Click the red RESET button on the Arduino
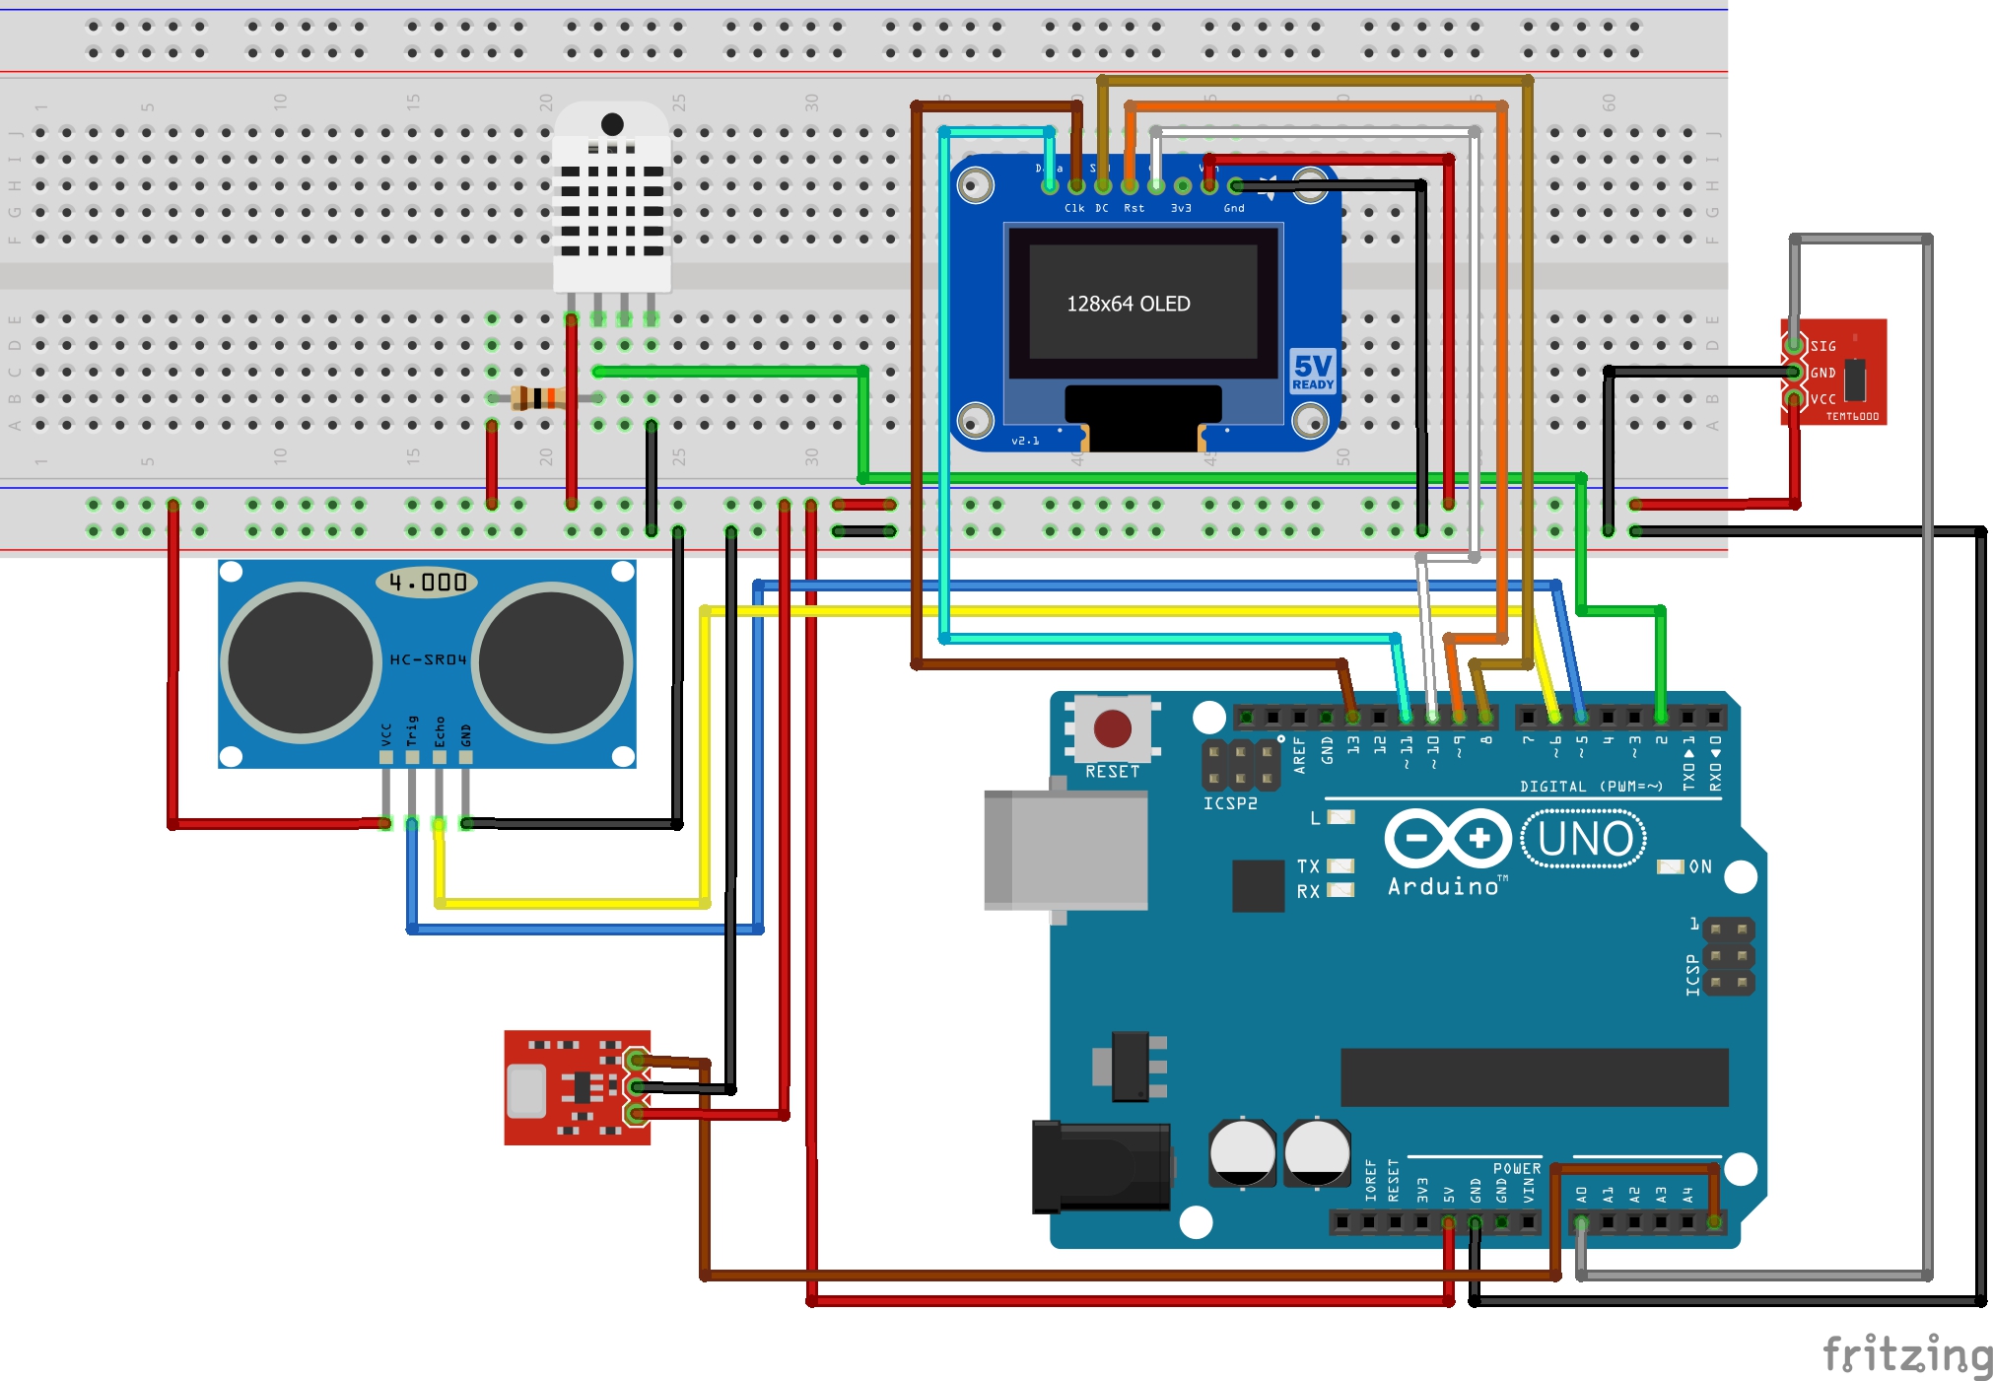click(x=1112, y=729)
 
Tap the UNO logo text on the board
click(x=1584, y=839)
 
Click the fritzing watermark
click(x=1906, y=1355)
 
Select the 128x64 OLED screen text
click(x=1128, y=304)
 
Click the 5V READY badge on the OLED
click(x=1312, y=372)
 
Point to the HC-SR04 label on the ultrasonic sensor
click(x=428, y=659)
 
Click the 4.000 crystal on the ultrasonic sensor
click(x=427, y=583)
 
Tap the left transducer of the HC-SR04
click(x=300, y=662)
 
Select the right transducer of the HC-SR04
click(x=552, y=662)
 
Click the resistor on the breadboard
click(x=537, y=398)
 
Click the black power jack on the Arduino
click(x=1100, y=1167)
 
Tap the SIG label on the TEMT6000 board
click(x=1823, y=346)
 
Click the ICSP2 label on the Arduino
click(x=1230, y=803)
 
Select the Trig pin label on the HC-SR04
click(x=412, y=730)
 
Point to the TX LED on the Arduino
click(x=1340, y=865)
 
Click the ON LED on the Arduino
click(x=1670, y=866)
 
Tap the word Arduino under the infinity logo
click(x=1443, y=886)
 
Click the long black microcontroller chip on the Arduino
click(x=1534, y=1077)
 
